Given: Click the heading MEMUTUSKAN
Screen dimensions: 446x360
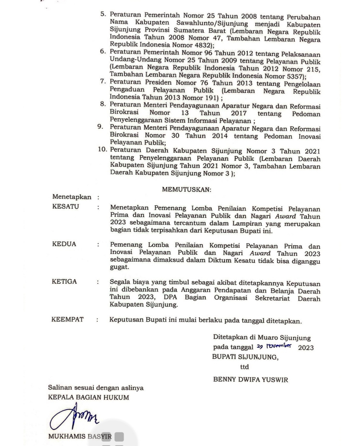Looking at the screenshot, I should (x=186, y=189).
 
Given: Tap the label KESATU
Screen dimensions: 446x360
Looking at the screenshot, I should (x=66, y=206).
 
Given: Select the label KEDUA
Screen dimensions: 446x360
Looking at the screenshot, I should (x=64, y=244).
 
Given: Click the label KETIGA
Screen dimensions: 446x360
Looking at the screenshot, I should (x=64, y=281).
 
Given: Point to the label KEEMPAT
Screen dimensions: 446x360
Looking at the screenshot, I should (x=67, y=319).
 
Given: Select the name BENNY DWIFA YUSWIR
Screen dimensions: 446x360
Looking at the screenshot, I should (x=250, y=380).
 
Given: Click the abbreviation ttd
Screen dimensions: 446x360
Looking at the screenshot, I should (x=244, y=367).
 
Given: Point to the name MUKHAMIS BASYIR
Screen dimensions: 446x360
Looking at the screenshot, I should (x=80, y=437).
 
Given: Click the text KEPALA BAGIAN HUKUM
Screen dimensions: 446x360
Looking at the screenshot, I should (x=88, y=398).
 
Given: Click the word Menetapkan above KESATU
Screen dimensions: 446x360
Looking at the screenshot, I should (x=72, y=197).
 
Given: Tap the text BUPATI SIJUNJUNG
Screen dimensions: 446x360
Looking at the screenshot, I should (x=245, y=357).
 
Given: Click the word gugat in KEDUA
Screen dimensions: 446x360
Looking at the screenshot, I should (x=119, y=267).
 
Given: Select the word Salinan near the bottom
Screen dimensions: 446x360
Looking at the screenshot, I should (x=60, y=388).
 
